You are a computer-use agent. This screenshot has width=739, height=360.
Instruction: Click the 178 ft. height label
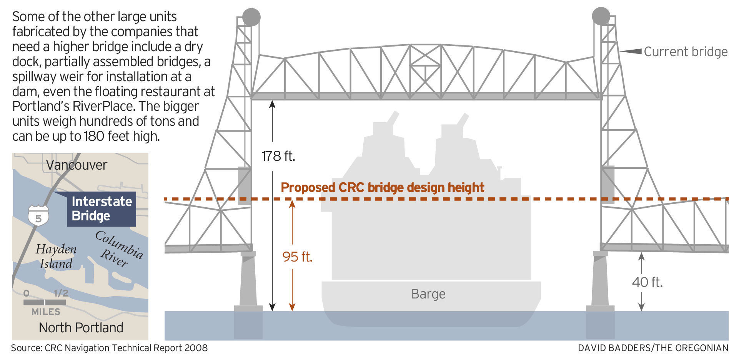pyautogui.click(x=278, y=156)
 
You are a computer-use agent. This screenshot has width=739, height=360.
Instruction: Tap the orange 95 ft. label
pyautogui.click(x=297, y=257)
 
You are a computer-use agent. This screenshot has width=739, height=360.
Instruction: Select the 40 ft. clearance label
pyautogui.click(x=647, y=282)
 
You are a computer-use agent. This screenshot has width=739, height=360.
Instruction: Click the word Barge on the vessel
pyautogui.click(x=428, y=294)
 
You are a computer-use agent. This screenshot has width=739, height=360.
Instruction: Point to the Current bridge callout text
pyautogui.click(x=686, y=52)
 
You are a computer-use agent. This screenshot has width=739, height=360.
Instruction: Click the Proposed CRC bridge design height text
pyautogui.click(x=382, y=187)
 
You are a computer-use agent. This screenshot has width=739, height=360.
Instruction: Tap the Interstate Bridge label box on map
pyautogui.click(x=102, y=209)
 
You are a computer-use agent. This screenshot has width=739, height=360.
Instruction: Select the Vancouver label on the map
pyautogui.click(x=77, y=165)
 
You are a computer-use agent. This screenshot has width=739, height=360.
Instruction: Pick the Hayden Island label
pyautogui.click(x=56, y=257)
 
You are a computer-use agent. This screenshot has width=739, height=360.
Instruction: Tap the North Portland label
pyautogui.click(x=81, y=328)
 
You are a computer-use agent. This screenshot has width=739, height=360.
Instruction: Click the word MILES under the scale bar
pyautogui.click(x=46, y=312)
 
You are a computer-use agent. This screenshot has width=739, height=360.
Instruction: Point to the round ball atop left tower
pyautogui.click(x=251, y=17)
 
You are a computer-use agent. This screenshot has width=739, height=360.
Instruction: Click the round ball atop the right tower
pyautogui.click(x=601, y=17)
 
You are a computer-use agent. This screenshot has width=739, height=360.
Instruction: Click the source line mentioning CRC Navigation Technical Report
pyautogui.click(x=109, y=348)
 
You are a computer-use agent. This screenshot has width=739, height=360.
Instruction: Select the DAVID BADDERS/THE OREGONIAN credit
pyautogui.click(x=653, y=348)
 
